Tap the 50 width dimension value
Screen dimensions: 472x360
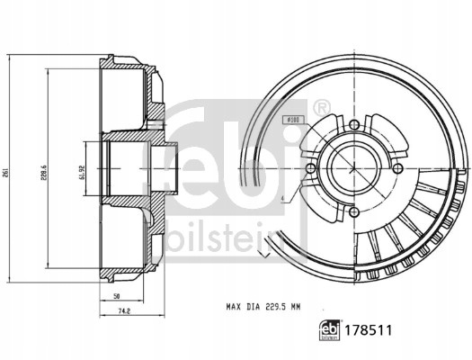coord(117,296)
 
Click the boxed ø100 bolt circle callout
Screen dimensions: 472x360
coord(294,120)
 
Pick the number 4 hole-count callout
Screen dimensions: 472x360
coord(282,198)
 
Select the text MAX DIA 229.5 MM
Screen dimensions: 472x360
coord(263,307)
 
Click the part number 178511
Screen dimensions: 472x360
coord(368,330)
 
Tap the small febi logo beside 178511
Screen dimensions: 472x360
coord(330,330)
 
